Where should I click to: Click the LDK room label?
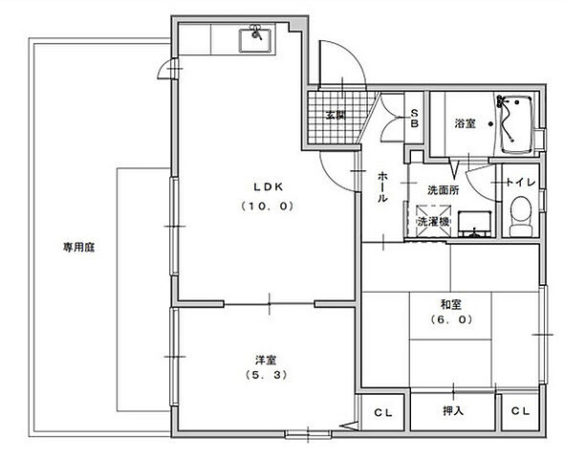click(264, 186)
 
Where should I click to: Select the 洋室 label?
click(266, 360)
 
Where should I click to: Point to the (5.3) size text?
click(266, 375)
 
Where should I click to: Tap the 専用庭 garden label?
click(77, 246)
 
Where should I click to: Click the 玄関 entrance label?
click(333, 115)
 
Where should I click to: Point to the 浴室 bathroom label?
click(465, 123)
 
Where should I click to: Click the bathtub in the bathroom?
click(517, 124)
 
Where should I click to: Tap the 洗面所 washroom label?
click(443, 189)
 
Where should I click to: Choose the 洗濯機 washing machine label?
click(433, 222)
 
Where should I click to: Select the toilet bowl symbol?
click(521, 216)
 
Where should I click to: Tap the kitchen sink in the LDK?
click(257, 40)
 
